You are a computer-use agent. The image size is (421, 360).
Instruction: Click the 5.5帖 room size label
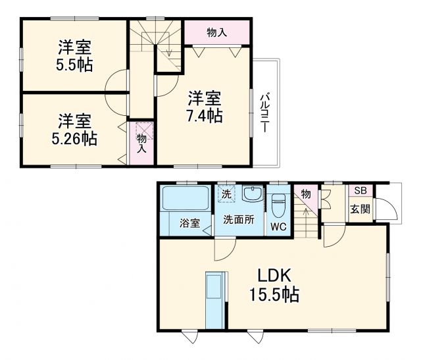pos(74,64)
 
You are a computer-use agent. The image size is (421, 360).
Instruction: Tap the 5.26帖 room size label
pos(74,138)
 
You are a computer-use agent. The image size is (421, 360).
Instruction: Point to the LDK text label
pos(274,276)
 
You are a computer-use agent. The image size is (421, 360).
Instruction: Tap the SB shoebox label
pos(360,190)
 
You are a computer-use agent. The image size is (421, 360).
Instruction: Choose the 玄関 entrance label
pos(360,209)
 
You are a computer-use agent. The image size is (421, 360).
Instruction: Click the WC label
pos(278,227)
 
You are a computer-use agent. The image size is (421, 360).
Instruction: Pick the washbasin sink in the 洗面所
pos(253,193)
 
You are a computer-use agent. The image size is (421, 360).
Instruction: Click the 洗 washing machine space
pos(226,193)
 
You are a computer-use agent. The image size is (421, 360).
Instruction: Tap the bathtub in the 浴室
pos(186,198)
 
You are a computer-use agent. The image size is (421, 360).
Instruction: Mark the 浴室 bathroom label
pos(189,223)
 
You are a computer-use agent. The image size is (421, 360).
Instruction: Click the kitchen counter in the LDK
pos(215,300)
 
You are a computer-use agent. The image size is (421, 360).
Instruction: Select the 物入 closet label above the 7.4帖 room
pos(216,33)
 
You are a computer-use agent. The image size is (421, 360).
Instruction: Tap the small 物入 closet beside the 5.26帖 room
pos(141,143)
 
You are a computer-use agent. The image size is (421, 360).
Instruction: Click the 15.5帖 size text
pos(274,295)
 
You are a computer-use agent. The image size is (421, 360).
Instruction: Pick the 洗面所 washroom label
pos(239,220)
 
